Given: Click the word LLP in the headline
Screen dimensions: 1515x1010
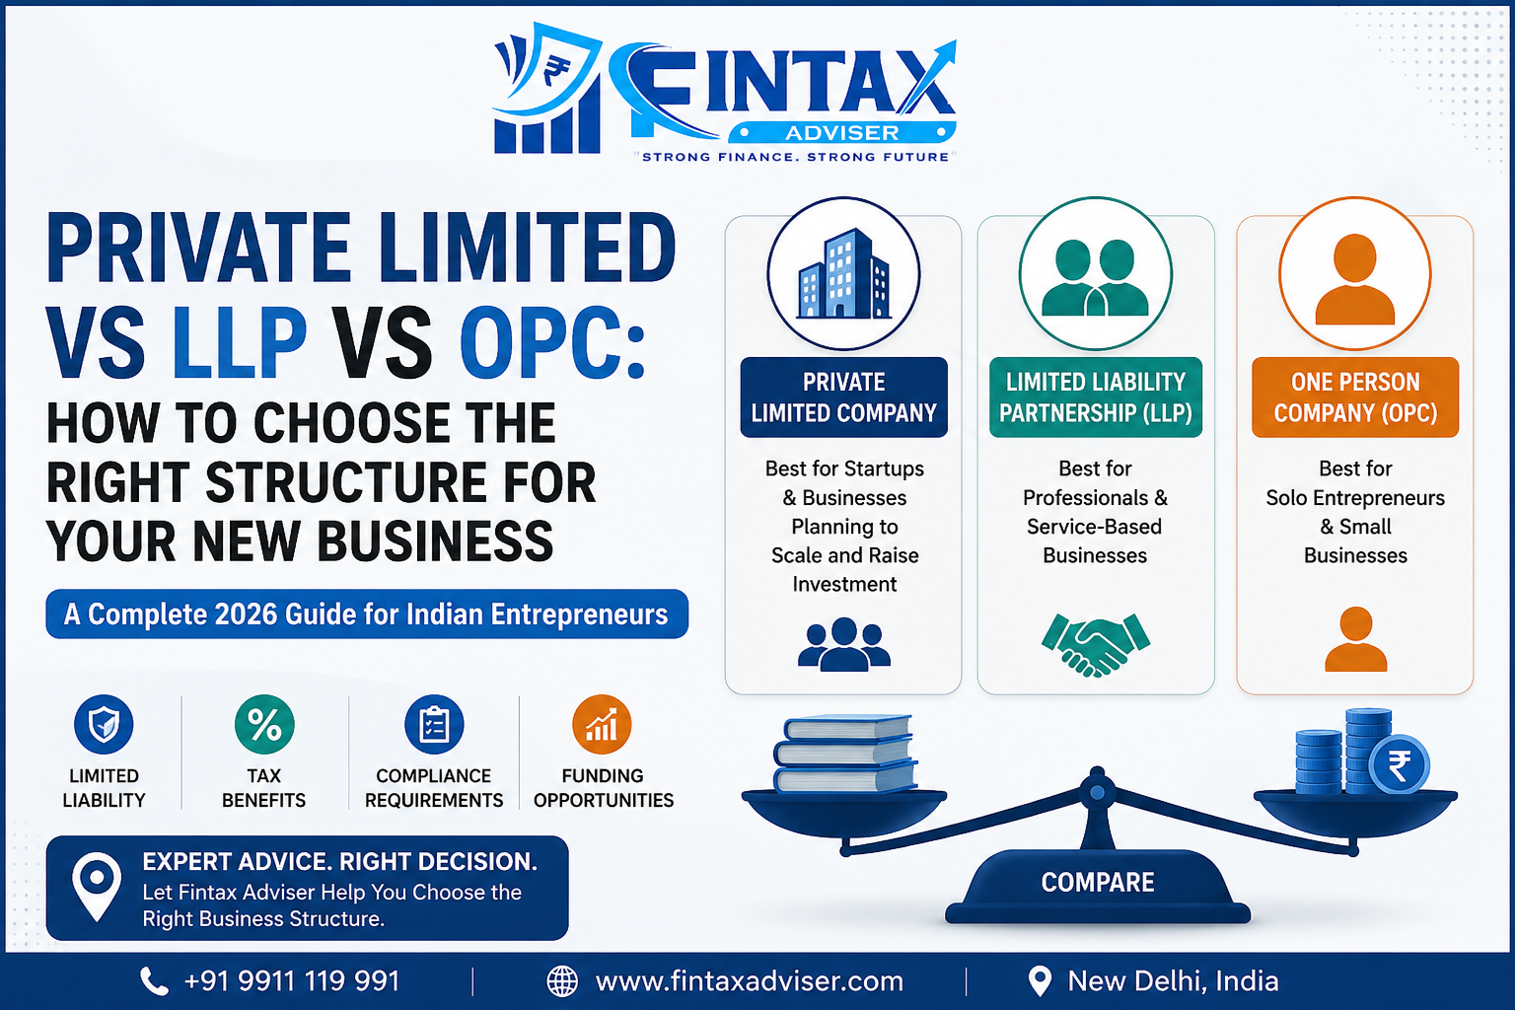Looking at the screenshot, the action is tap(240, 342).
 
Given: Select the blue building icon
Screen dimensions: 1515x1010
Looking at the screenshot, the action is tap(843, 273).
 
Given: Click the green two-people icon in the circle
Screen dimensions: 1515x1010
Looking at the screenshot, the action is tap(1095, 277).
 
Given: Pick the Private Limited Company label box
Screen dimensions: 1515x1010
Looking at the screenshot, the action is tap(843, 397).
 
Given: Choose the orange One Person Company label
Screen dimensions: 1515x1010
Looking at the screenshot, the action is tap(1354, 397).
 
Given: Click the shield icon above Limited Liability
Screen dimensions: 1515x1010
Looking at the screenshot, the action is tap(104, 725).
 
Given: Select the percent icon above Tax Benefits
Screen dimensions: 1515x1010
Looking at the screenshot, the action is tap(263, 725).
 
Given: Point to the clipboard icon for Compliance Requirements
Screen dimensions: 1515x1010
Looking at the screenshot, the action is tap(434, 725).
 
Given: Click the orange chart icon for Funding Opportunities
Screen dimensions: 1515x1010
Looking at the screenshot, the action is tap(602, 725).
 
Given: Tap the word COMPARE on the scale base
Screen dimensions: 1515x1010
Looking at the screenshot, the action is tap(1098, 882).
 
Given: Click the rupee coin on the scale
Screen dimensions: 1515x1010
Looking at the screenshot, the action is tap(1399, 765).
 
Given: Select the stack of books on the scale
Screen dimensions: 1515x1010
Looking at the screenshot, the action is tap(845, 753).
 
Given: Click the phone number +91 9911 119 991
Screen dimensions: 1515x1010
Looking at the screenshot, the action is tap(292, 981).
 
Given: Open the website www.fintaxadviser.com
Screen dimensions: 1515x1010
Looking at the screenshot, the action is tap(750, 981).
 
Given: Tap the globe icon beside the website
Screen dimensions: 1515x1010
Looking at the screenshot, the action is tap(562, 981).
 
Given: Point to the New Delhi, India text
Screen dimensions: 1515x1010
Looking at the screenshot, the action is tap(1173, 981).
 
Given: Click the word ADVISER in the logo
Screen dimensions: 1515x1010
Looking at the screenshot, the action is tap(842, 132).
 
